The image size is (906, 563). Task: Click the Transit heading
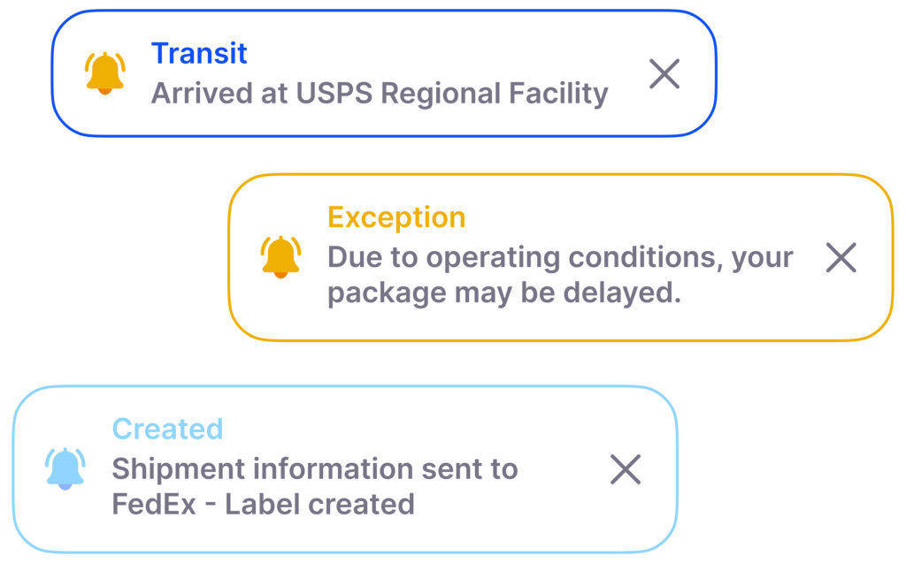[199, 54]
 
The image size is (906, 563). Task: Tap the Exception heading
[396, 217]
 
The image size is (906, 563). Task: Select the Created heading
[167, 430]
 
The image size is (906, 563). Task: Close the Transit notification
[664, 74]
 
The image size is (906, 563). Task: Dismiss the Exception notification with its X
[841, 257]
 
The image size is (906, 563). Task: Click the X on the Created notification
[626, 469]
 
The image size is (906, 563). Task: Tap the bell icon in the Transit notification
[104, 72]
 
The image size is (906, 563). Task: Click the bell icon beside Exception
[280, 256]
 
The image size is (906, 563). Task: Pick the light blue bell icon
[65, 468]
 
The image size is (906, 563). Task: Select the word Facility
[558, 94]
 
